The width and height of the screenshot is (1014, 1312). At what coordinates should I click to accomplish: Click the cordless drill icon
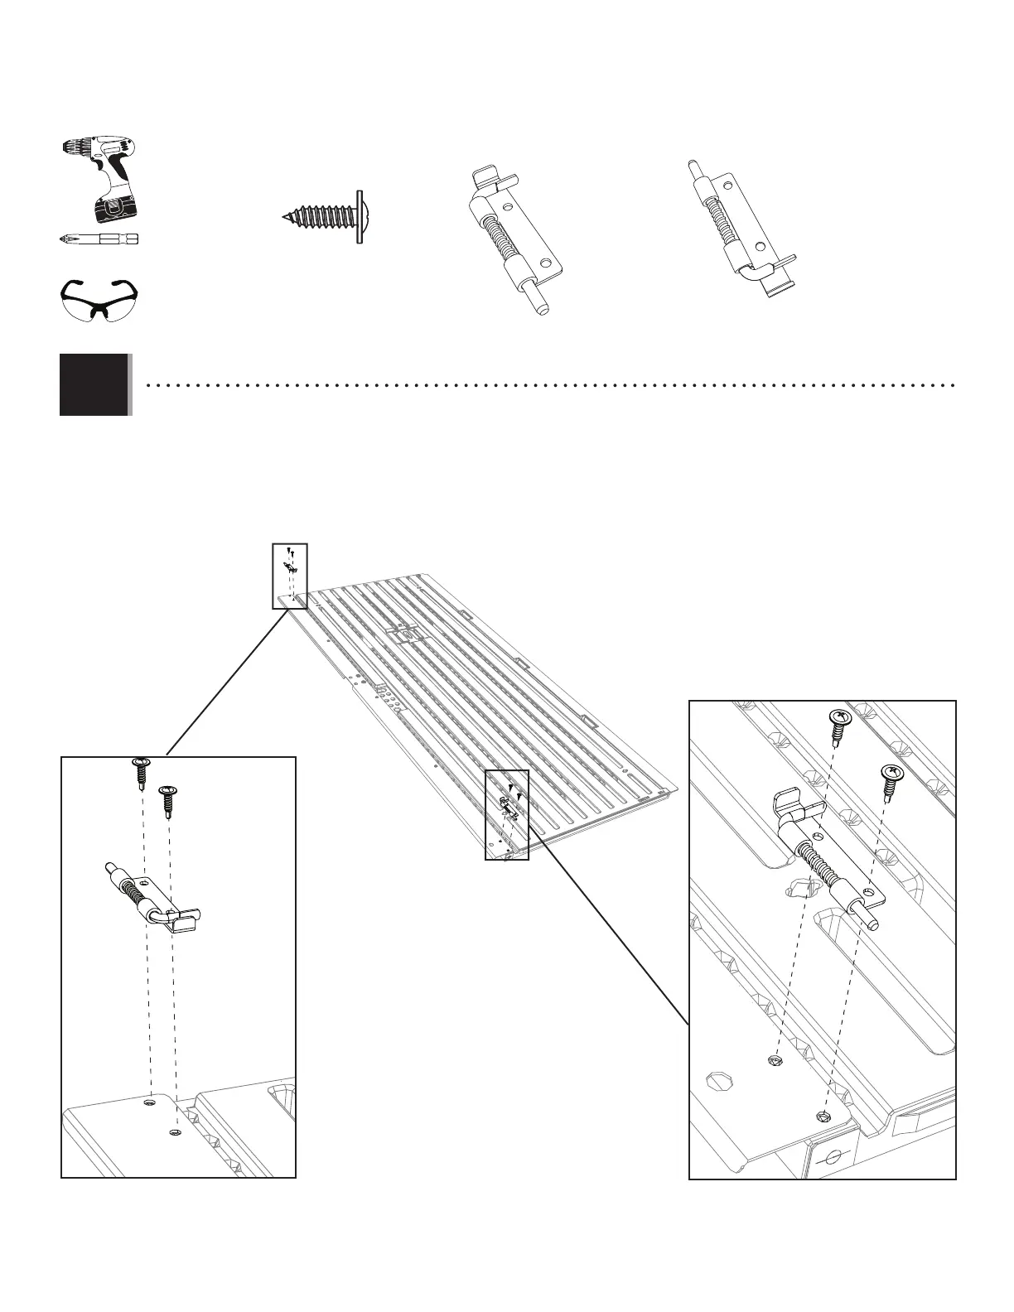99,179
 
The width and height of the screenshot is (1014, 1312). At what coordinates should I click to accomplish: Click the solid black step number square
94,384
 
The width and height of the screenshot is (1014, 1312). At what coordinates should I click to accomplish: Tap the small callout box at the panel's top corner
290,576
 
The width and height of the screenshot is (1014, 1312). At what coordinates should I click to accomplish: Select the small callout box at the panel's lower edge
506,814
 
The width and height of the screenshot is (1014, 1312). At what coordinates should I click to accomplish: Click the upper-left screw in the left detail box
140,771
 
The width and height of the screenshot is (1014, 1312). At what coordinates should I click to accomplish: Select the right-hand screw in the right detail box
891,780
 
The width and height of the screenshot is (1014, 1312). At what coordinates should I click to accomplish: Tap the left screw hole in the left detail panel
149,1102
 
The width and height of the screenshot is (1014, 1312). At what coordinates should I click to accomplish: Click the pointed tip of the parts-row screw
284,217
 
